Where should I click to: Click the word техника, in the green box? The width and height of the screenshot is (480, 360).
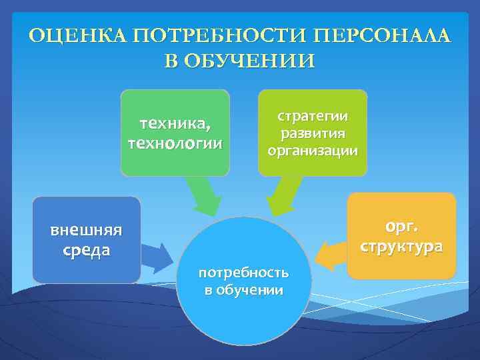tap(175, 124)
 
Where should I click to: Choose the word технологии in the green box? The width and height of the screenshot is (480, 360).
tap(175, 143)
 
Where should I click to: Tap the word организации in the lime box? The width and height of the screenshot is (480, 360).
tap(313, 150)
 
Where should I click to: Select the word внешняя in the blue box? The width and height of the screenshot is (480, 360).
tap(86, 231)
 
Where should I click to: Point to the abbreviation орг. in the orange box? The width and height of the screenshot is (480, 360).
tap(401, 226)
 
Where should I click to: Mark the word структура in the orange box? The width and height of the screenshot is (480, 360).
tap(401, 246)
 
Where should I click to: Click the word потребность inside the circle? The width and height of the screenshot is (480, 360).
tap(244, 272)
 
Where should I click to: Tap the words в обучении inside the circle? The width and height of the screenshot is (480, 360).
tap(244, 290)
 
